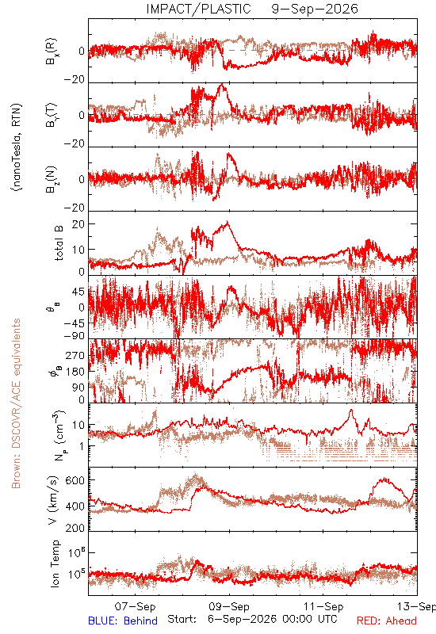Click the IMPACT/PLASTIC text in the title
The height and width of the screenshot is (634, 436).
199,9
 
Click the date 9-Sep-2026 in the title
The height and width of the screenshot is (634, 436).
315,9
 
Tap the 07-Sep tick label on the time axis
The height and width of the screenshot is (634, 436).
135,606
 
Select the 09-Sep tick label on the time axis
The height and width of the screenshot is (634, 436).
229,606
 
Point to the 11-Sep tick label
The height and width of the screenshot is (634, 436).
323,606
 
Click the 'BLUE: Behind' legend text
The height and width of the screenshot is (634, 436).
123,621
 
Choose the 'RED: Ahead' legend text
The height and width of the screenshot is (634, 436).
387,621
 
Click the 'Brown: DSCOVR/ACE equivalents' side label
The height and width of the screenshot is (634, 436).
16,403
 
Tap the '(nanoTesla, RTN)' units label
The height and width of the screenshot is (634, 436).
17,147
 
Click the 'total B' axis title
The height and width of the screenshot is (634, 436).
58,243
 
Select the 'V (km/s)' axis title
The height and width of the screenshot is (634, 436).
54,500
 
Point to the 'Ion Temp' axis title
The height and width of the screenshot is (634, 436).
55,563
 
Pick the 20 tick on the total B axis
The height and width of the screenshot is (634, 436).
78,224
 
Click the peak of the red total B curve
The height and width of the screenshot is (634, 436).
228,221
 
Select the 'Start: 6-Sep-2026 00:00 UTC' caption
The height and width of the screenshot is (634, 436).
252,620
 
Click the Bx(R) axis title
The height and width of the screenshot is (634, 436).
52,52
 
